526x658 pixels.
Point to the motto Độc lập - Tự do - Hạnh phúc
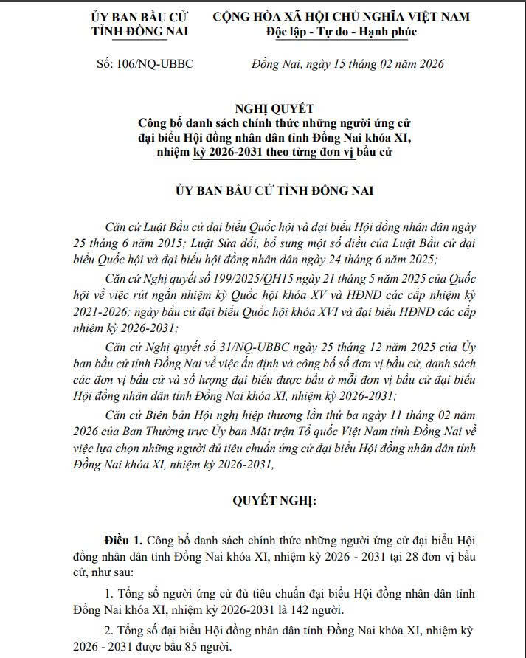pyautogui.click(x=342, y=32)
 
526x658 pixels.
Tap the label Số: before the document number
pyautogui.click(x=106, y=64)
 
